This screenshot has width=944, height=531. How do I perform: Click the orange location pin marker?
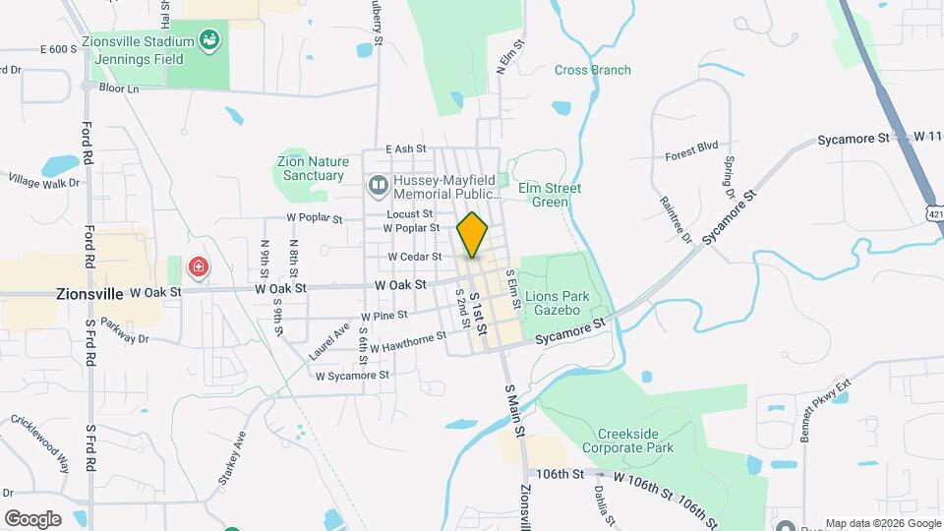click(x=472, y=235)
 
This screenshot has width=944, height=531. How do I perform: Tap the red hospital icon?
click(x=198, y=266)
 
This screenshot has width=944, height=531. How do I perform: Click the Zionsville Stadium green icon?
click(x=208, y=40)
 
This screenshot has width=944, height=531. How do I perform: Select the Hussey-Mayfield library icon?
click(x=378, y=185)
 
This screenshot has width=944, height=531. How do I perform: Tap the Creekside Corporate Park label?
click(x=639, y=441)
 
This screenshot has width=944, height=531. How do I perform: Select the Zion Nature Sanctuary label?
click(x=310, y=168)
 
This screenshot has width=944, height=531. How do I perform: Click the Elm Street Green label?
click(x=556, y=195)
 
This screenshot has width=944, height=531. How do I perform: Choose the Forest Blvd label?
click(x=691, y=150)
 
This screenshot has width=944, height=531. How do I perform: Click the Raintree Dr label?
click(x=678, y=221)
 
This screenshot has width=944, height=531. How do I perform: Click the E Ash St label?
click(x=405, y=148)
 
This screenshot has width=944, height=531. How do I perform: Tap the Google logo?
click(x=32, y=519)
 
